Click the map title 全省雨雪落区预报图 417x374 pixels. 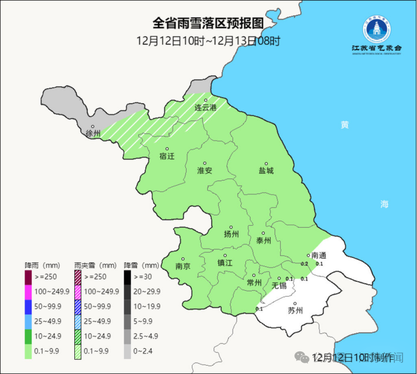(208, 24)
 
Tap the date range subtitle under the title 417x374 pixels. (208, 41)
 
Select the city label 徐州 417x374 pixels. (93, 134)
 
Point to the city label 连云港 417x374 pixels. (205, 108)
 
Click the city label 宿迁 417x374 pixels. (167, 156)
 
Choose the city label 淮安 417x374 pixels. (205, 170)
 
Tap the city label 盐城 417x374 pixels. (266, 170)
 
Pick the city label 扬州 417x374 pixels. (231, 234)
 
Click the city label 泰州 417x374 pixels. (264, 241)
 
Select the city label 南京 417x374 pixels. (183, 266)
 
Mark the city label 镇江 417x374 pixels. (225, 263)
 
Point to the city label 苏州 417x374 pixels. (295, 310)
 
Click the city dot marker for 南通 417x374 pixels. (308, 255)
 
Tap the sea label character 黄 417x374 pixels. (344, 125)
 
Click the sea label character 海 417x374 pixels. (384, 204)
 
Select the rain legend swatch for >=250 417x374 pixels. (28, 277)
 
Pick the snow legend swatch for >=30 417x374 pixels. (128, 277)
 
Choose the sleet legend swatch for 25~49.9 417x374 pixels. (78, 320)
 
